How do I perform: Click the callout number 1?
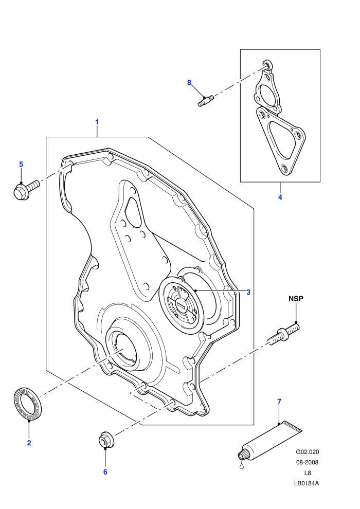point(97,122)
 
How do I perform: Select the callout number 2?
point(29,443)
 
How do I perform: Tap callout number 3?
point(248,292)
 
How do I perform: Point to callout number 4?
point(280,197)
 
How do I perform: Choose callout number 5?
point(21,164)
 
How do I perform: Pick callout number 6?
point(105,472)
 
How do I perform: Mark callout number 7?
point(279,402)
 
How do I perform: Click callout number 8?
point(189,83)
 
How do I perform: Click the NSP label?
point(296,299)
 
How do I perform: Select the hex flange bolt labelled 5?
point(26,190)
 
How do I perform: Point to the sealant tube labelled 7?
point(270,441)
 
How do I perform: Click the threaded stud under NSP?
point(283,333)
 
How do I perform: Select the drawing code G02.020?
point(307,452)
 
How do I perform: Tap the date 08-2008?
point(307,462)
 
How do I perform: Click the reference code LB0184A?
point(307,483)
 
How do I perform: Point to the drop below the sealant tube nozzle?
point(241,466)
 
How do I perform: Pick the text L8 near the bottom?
point(308,473)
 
